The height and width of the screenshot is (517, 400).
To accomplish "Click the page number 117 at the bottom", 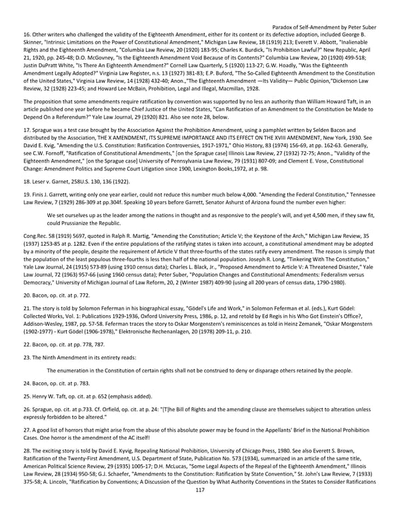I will [199, 509].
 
